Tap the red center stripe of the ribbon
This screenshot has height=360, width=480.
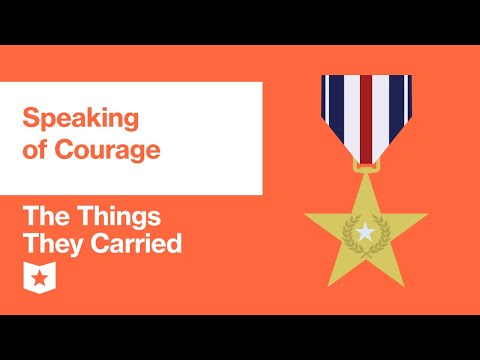pyautogui.click(x=366, y=110)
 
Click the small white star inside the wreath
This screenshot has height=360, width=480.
pyautogui.click(x=366, y=232)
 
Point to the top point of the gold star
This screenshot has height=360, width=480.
pyautogui.click(x=366, y=178)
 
